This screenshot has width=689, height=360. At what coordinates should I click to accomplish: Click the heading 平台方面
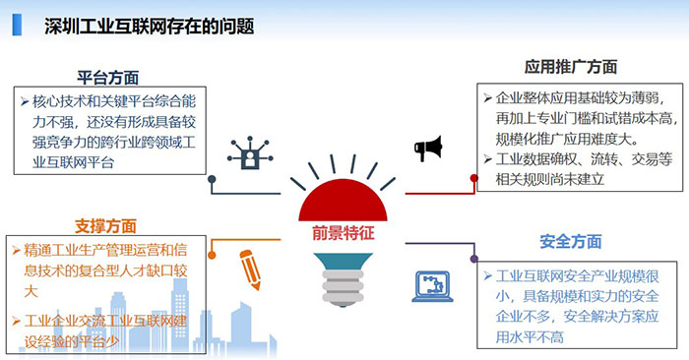[x=109, y=77]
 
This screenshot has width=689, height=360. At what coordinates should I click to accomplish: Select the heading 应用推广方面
[x=571, y=67]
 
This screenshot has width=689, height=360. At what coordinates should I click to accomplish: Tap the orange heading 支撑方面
[x=104, y=225]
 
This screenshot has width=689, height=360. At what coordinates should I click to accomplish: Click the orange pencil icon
[x=251, y=267]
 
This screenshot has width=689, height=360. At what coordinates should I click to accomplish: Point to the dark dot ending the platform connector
[x=212, y=180]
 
